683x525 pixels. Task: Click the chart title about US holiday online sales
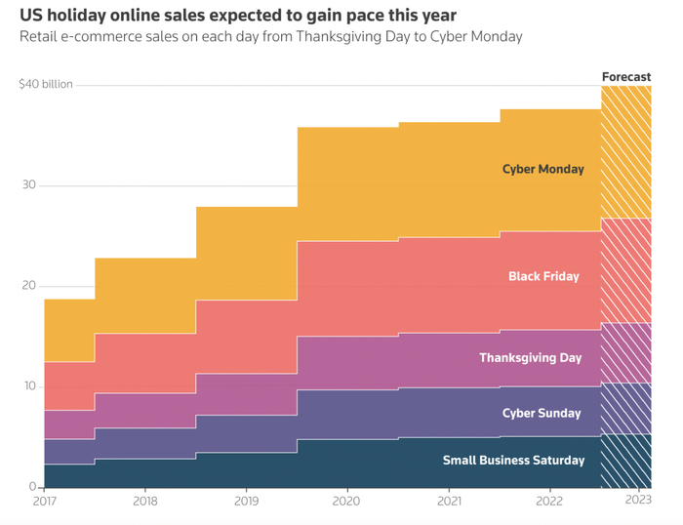(238, 16)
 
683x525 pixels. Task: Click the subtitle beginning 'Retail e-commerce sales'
(271, 37)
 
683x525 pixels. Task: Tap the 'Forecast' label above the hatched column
(625, 76)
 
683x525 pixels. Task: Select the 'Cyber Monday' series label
(542, 169)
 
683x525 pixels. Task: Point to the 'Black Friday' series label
(543, 276)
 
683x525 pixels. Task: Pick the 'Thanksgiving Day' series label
(530, 358)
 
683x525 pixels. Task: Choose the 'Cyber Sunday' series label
(542, 413)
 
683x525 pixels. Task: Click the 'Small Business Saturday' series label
(512, 460)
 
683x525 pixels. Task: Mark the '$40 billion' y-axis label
(46, 85)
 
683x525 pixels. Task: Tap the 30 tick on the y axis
(29, 185)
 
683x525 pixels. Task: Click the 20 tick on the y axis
(29, 286)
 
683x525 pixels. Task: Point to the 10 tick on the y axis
(29, 386)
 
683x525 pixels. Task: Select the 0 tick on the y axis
(31, 486)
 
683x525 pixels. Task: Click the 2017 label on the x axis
(45, 502)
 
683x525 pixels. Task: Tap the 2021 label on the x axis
(449, 502)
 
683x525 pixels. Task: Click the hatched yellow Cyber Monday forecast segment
(625, 152)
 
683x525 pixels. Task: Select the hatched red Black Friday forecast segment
(625, 270)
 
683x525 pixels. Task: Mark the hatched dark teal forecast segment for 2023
(625, 461)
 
